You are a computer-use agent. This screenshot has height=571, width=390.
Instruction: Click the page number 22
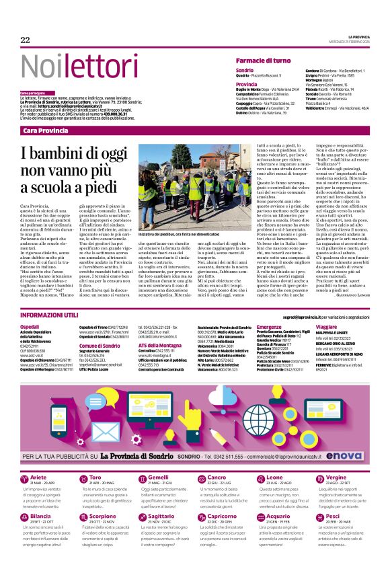coord(25,40)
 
